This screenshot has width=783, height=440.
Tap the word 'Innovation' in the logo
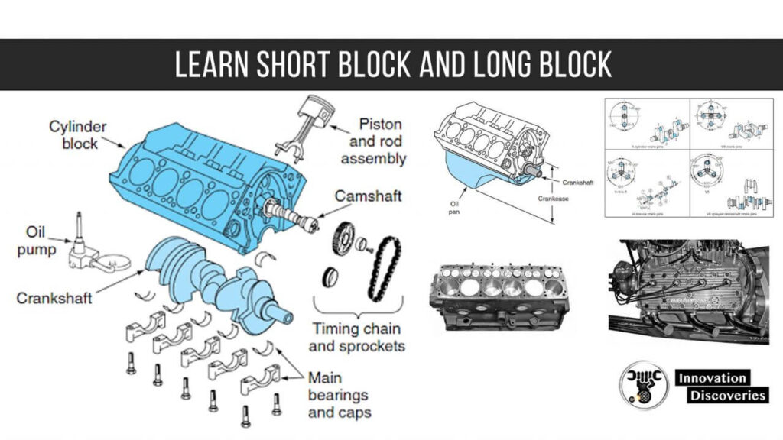point(712,378)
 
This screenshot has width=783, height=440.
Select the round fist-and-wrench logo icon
point(642,386)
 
